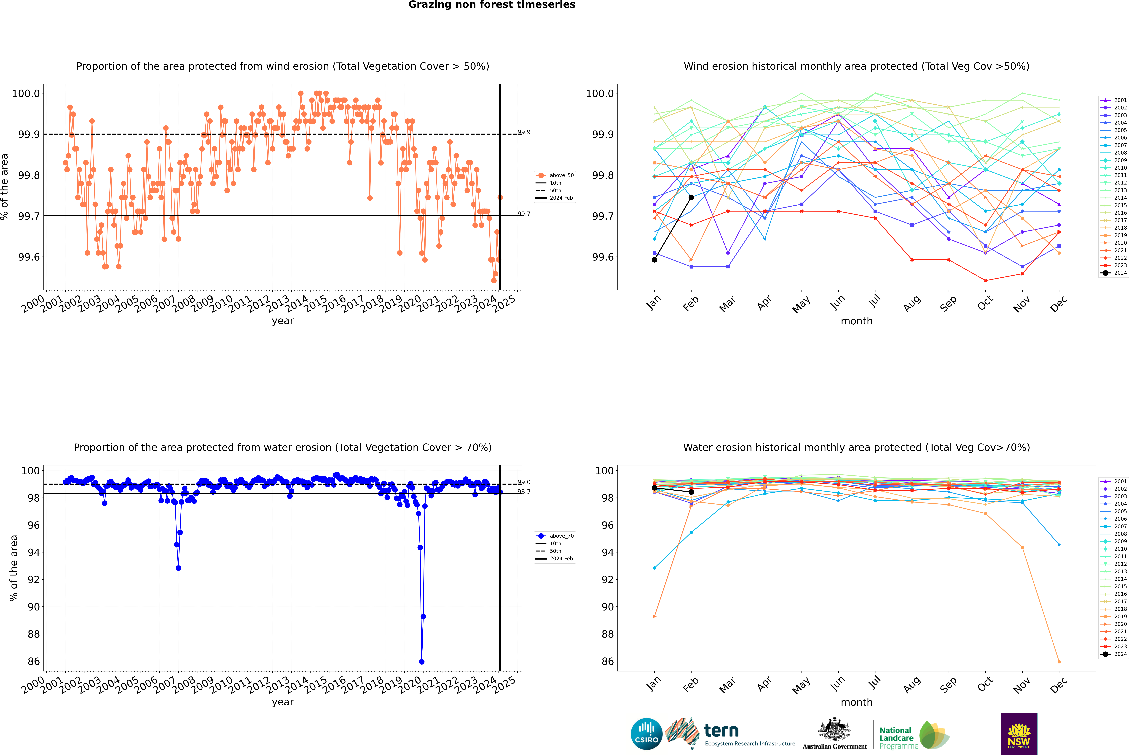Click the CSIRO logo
pyautogui.click(x=646, y=734)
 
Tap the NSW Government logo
pyautogui.click(x=1019, y=734)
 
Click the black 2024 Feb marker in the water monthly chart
pyautogui.click(x=692, y=492)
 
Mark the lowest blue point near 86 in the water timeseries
pyautogui.click(x=422, y=662)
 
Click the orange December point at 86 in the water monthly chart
pyautogui.click(x=1059, y=662)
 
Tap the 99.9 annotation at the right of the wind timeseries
pyautogui.click(x=524, y=132)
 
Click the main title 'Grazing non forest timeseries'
pyautogui.click(x=492, y=5)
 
